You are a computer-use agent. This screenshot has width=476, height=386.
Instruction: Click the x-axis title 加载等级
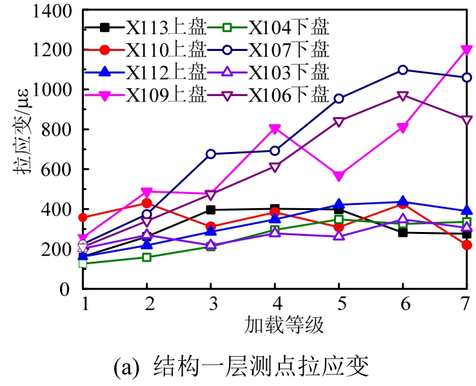click(275, 323)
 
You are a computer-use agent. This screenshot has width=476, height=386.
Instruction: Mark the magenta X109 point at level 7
click(466, 50)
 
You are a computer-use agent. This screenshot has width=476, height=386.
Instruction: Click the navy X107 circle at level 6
click(402, 70)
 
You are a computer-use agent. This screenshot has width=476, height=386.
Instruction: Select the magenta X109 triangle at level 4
click(275, 130)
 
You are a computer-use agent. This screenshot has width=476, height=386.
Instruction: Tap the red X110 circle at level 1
click(83, 218)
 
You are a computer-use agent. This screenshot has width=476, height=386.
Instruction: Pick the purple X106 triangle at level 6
click(402, 96)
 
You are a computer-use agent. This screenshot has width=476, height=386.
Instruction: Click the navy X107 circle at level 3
click(211, 154)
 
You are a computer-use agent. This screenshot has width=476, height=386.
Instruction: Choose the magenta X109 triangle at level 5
click(339, 176)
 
